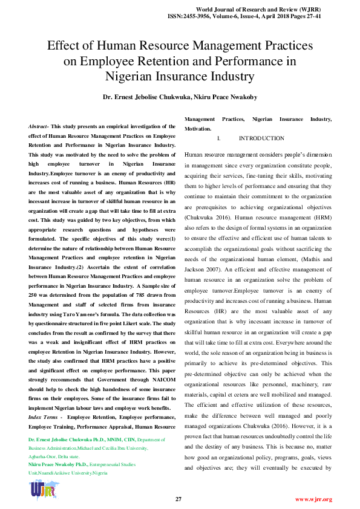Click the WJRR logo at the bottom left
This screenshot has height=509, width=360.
pyautogui.click(x=42, y=490)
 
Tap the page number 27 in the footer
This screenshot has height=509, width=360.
pyautogui.click(x=178, y=499)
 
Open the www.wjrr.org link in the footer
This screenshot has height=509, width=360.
pyautogui.click(x=313, y=499)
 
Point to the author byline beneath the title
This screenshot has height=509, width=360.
pyautogui.click(x=180, y=97)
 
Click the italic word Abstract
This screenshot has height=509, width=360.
pyautogui.click(x=39, y=126)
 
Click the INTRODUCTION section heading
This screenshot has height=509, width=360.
pyautogui.click(x=261, y=138)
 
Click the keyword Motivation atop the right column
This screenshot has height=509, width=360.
pyautogui.click(x=198, y=129)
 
